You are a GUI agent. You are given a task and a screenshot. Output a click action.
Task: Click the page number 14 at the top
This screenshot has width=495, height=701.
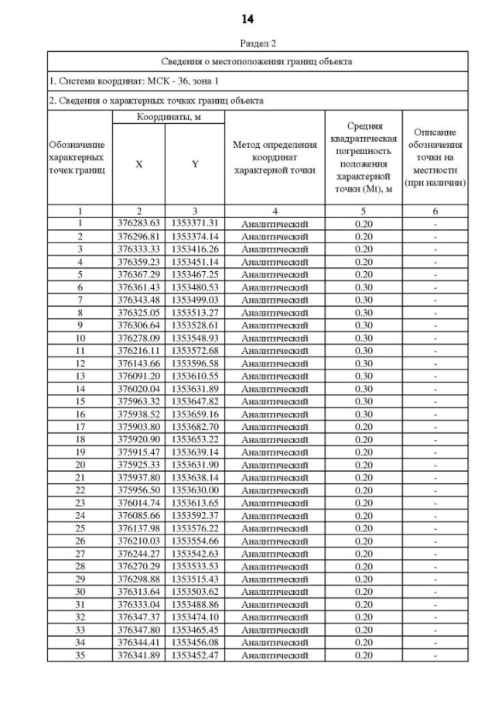(247, 18)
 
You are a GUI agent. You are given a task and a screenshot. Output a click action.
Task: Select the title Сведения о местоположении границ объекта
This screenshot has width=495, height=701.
(258, 61)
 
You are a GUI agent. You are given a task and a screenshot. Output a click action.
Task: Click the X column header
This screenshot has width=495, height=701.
(139, 164)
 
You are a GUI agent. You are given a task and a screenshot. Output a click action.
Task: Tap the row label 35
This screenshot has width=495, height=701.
(80, 655)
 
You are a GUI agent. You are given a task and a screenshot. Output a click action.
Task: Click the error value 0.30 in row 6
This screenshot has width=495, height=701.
(364, 286)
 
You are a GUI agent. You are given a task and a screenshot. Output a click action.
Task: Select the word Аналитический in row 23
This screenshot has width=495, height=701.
(275, 503)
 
